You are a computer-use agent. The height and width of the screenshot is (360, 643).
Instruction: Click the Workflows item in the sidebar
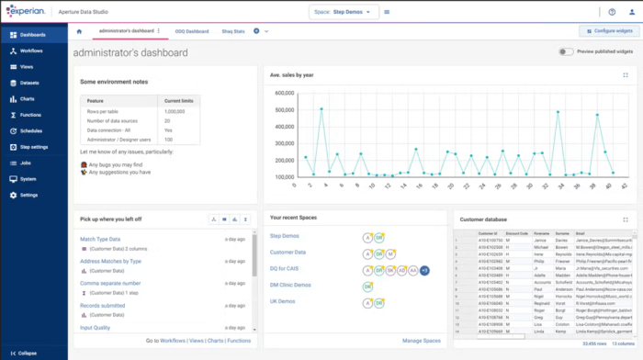[31, 51]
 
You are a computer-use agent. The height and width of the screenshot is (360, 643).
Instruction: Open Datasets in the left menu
[30, 83]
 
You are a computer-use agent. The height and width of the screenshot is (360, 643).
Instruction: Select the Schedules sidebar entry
[31, 130]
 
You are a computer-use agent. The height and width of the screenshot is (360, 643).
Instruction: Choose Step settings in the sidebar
[34, 146]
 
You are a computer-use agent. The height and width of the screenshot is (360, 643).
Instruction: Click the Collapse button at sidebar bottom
[28, 352]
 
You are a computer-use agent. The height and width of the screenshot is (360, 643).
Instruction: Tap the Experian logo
[31, 12]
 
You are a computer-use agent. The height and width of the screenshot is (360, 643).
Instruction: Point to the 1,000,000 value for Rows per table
[175, 111]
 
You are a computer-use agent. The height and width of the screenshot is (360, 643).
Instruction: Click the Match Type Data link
[101, 239]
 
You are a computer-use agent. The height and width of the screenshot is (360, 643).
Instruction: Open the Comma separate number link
[110, 284]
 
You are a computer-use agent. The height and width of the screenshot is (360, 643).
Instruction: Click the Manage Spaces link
[421, 341]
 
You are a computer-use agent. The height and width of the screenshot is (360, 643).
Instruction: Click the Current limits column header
[178, 100]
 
